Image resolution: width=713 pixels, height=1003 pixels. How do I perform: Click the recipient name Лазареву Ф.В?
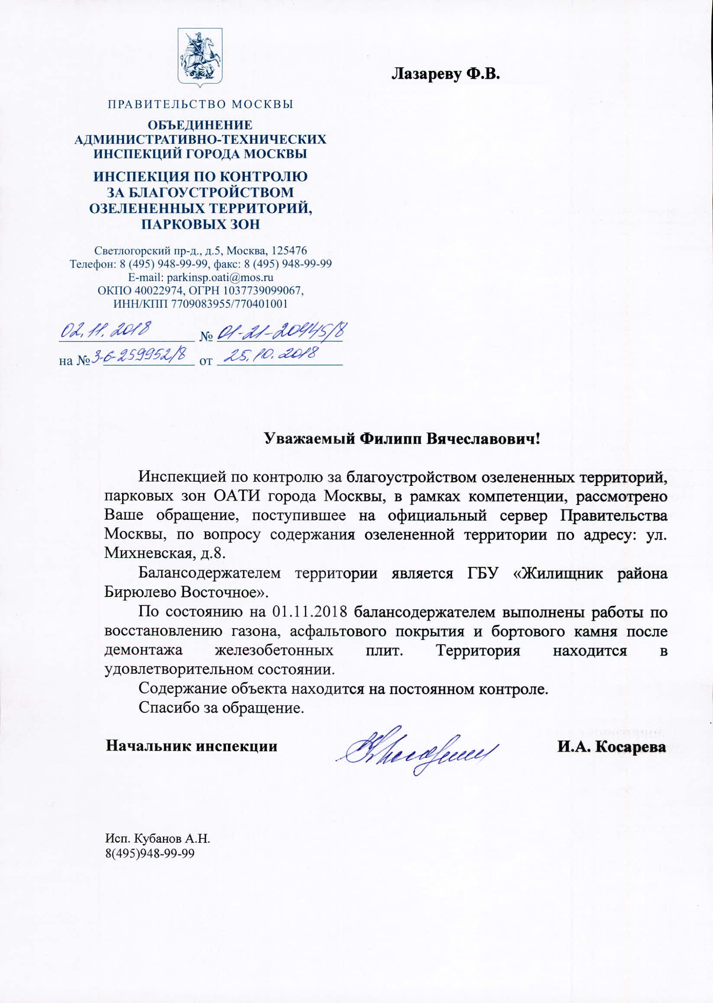[446, 74]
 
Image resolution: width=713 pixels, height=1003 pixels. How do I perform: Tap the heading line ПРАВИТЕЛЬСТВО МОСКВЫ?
[201, 104]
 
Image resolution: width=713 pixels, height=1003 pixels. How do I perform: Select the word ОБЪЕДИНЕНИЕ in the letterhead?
[200, 126]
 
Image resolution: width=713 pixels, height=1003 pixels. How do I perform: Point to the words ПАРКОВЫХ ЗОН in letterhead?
[201, 224]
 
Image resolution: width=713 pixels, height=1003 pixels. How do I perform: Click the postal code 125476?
[289, 251]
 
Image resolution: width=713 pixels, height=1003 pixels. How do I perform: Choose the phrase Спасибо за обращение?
[221, 708]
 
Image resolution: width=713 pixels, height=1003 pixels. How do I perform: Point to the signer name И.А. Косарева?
[611, 746]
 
